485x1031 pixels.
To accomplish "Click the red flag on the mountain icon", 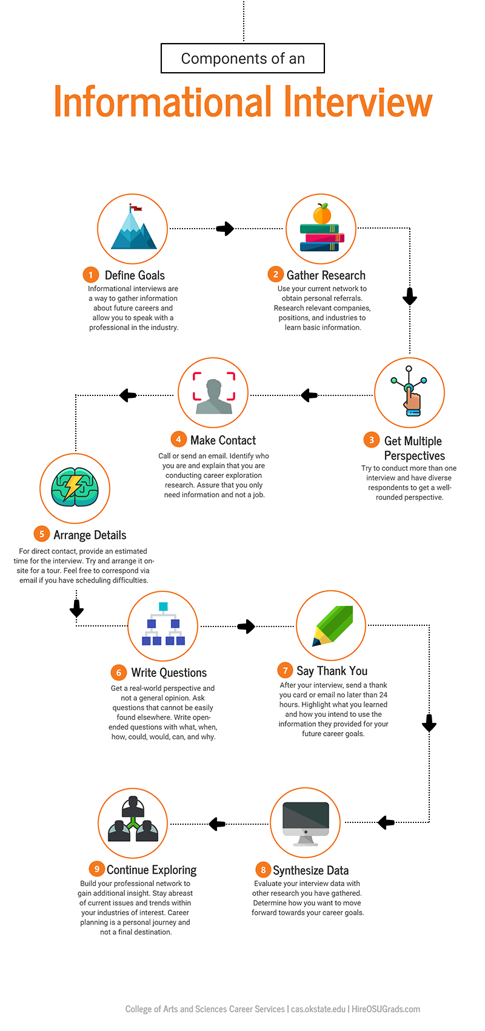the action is (x=136, y=209).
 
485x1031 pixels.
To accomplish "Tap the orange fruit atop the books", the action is (x=322, y=214).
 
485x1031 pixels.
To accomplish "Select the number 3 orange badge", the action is (x=372, y=440).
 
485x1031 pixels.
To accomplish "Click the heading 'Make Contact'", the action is (x=222, y=440).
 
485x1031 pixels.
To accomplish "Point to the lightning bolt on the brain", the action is (x=73, y=487).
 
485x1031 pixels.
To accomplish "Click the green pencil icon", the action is (x=333, y=625).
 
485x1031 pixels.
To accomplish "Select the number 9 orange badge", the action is (x=96, y=869).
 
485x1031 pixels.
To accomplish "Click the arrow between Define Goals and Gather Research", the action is (x=225, y=229).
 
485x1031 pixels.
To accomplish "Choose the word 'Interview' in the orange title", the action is (x=358, y=102).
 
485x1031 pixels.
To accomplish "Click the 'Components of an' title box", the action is (x=242, y=58).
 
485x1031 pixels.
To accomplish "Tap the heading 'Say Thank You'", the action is (x=332, y=671).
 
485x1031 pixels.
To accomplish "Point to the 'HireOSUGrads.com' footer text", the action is (x=386, y=1009).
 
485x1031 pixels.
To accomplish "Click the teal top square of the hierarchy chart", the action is (x=163, y=606).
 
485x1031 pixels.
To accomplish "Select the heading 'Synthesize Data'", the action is (x=310, y=870).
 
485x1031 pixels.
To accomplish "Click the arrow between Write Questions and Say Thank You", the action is (x=246, y=626).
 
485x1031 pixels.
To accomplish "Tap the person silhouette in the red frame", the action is (x=213, y=396).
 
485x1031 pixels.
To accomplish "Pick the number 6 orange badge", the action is (x=119, y=673).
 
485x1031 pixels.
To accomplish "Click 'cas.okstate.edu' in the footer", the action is (x=318, y=1009).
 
